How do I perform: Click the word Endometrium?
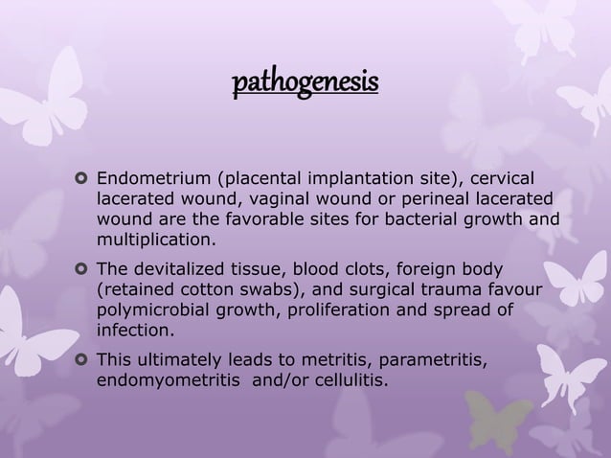click(147, 178)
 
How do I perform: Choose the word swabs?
click(253, 290)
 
